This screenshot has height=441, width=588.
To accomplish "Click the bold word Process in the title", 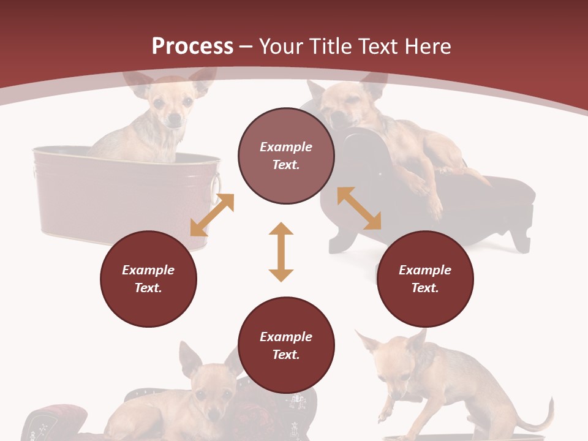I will (192, 46).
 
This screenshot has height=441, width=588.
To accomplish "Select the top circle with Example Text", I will (286, 156).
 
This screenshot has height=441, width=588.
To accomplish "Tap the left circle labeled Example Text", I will (148, 279).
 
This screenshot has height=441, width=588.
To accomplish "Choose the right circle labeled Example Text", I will (424, 279).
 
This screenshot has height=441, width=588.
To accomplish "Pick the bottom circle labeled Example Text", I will (286, 345).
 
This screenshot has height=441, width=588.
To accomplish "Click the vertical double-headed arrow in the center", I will (281, 252).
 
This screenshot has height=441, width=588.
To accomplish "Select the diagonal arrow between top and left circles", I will (212, 215).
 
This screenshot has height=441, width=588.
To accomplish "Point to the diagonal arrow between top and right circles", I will (359, 208).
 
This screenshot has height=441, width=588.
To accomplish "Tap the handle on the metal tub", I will (215, 184).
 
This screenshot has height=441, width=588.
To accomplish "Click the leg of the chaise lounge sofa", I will (521, 239).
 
